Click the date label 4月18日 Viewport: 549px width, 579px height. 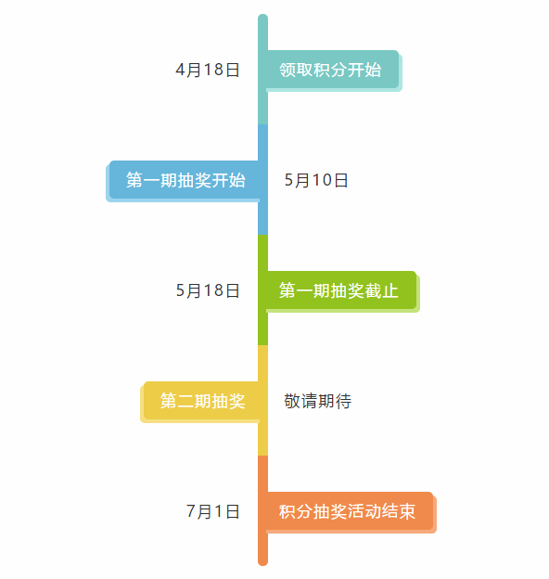(208, 70)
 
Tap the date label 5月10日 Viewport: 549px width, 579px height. (316, 180)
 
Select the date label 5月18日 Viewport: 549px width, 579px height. (208, 290)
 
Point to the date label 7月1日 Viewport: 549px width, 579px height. (213, 511)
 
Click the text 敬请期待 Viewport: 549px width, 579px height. (318, 401)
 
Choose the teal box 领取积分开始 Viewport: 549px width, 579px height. (333, 70)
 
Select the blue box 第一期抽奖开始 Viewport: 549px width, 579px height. (185, 180)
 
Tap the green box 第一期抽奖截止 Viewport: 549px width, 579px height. (342, 290)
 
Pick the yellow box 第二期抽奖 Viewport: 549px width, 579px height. (201, 401)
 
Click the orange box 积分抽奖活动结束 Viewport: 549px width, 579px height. (351, 511)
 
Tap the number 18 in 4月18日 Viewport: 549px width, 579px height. (213, 70)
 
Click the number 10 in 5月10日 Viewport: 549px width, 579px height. (322, 180)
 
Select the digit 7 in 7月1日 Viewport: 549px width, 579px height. (191, 511)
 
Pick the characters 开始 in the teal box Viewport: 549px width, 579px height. (364, 70)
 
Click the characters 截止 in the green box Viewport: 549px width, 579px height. (381, 290)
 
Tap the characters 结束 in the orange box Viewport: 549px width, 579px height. (399, 511)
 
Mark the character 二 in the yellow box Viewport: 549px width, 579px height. (185, 401)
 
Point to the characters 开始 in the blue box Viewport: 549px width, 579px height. (228, 180)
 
